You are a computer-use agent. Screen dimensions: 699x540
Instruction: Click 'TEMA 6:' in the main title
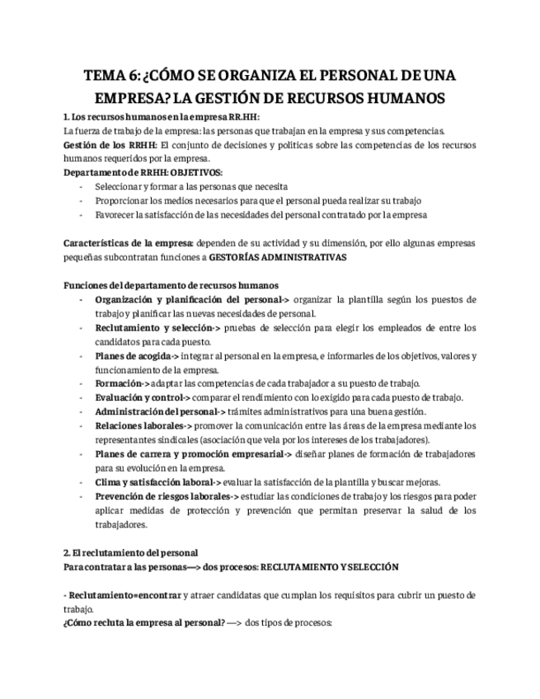tap(111, 76)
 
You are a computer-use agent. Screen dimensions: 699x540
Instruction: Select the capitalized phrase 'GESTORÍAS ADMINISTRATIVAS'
tap(278, 257)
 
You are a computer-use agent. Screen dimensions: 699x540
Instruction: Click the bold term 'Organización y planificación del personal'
tap(189, 299)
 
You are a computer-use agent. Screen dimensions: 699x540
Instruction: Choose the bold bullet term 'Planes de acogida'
tap(132, 355)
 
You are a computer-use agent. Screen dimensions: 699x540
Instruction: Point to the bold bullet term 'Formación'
tap(119, 383)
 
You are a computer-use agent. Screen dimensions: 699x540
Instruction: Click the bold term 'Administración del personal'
tap(157, 411)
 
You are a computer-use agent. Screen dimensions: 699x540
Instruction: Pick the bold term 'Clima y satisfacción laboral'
tap(154, 481)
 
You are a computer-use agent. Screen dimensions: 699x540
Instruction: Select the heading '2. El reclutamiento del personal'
tap(130, 552)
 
